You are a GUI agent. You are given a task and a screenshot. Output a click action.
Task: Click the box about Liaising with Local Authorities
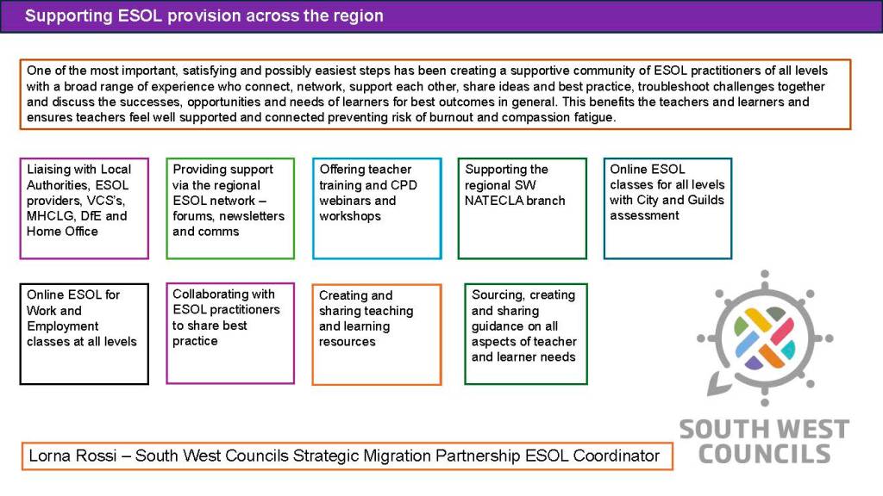tap(84, 208)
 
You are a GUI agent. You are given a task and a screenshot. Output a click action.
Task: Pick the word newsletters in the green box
tap(250, 216)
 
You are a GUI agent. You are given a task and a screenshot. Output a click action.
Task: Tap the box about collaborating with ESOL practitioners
tap(230, 332)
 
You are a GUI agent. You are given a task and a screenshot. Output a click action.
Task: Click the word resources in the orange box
tap(348, 342)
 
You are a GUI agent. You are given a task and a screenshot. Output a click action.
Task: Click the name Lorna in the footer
tap(49, 456)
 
